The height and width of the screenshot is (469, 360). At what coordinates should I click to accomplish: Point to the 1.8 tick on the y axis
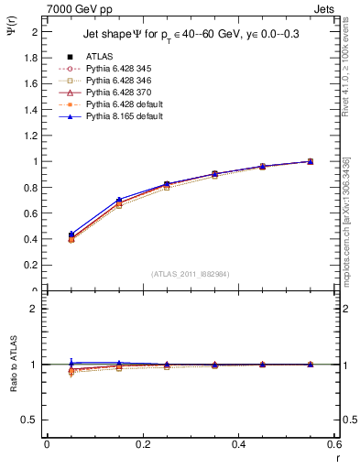pos(31,57)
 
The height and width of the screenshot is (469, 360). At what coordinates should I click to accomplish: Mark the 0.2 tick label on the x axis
pos(143,442)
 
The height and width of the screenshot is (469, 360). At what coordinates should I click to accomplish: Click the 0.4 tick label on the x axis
pos(238,442)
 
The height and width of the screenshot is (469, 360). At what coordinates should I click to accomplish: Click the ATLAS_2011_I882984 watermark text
pos(191,274)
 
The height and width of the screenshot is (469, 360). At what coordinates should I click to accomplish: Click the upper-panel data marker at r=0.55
pos(310,161)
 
